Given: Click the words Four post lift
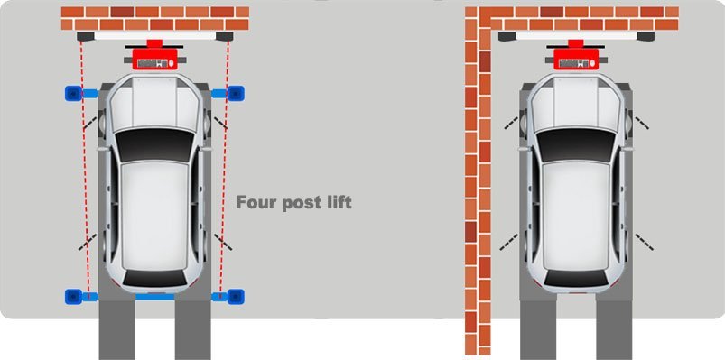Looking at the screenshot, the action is [x=293, y=203].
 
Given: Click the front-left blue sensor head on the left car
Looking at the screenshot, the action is [x=73, y=93].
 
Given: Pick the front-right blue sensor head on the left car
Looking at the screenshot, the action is [x=236, y=93].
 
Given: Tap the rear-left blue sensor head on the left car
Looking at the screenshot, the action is [x=73, y=296].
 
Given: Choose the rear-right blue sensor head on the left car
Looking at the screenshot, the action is [x=236, y=296].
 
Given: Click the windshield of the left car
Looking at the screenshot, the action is [x=154, y=144].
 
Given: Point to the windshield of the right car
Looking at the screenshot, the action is [x=576, y=144].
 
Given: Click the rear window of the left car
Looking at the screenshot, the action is [x=154, y=277].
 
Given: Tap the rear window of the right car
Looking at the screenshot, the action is [x=576, y=277].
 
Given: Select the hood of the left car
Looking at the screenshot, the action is [x=154, y=103].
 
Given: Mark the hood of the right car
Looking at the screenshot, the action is [x=576, y=103].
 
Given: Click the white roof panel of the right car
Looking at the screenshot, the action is [x=576, y=215].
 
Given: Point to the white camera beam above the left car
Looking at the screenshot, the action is [x=155, y=36].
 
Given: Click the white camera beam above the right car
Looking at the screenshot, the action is [x=576, y=36].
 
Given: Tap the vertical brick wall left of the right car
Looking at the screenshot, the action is [x=478, y=185].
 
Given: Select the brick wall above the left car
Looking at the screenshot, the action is [x=155, y=18].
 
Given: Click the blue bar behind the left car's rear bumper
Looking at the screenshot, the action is [x=155, y=297].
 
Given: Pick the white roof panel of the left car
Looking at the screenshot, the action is [x=154, y=215].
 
